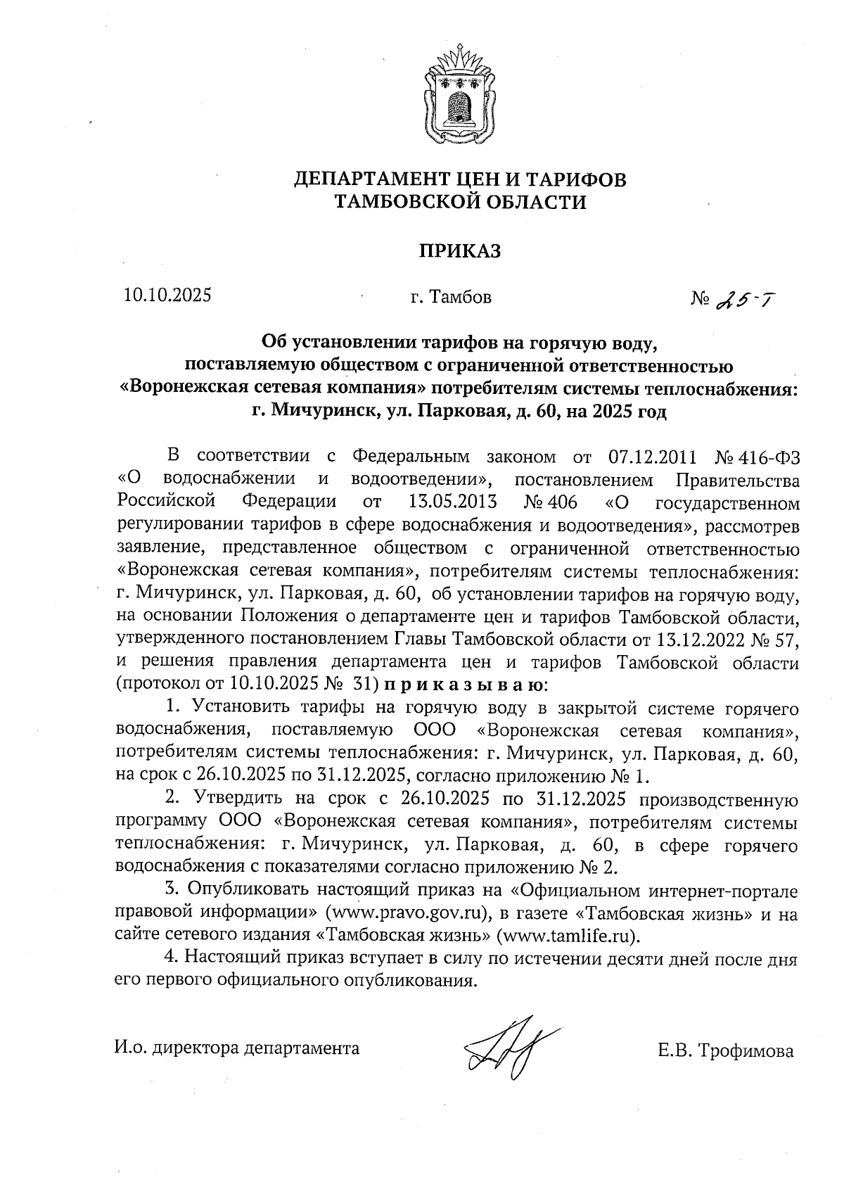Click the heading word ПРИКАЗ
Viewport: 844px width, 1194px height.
tap(460, 251)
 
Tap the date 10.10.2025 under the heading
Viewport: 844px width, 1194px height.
tap(167, 296)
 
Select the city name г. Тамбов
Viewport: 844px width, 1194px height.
tap(451, 298)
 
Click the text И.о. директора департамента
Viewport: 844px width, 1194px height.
tap(237, 1048)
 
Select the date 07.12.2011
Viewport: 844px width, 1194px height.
tap(651, 457)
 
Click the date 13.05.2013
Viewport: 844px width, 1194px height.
tap(452, 502)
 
